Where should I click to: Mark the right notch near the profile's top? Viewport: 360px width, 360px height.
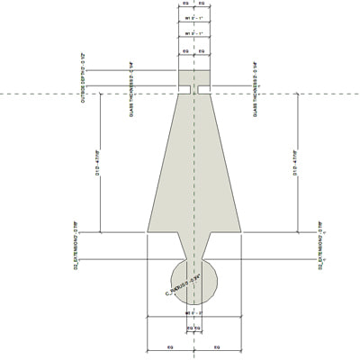pyautogui.click(x=208, y=89)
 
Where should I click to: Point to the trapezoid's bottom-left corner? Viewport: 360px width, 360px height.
pyautogui.click(x=147, y=231)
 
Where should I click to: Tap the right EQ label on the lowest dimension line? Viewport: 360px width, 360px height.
pyautogui.click(x=217, y=346)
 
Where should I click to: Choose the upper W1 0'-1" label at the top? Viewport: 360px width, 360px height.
pyautogui.click(x=193, y=17)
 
